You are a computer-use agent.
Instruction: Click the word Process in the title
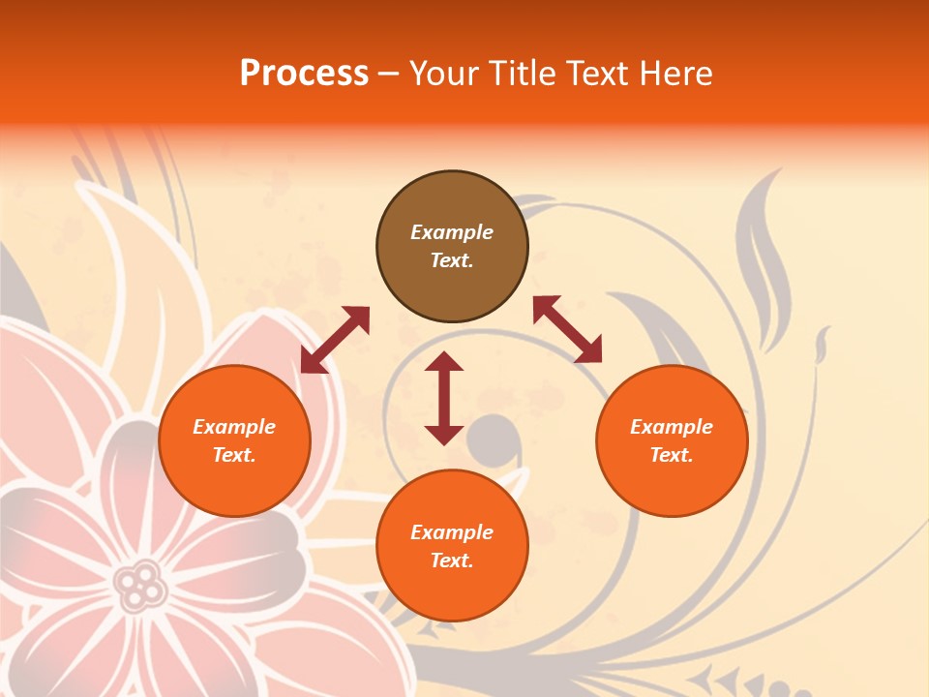304,74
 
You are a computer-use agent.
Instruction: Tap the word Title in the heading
523,74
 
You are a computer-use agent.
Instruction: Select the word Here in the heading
674,74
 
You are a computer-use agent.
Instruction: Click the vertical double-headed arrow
444,398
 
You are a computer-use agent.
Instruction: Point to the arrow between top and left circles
335,339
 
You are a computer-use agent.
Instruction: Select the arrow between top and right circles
567,329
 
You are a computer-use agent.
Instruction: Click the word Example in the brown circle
452,232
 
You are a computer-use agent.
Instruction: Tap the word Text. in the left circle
234,455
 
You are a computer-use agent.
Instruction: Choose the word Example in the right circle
672,427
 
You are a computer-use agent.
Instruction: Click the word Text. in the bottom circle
452,561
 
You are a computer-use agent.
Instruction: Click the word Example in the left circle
234,427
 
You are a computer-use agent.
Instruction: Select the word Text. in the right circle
672,455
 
